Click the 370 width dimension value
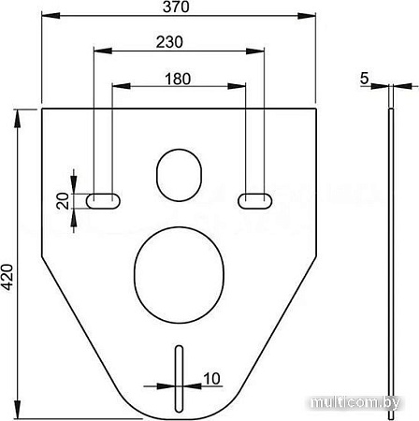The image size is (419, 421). click(x=179, y=7)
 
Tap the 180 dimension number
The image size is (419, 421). click(x=179, y=79)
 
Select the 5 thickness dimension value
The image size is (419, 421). click(x=364, y=79)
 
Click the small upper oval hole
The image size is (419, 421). click(x=179, y=173)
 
